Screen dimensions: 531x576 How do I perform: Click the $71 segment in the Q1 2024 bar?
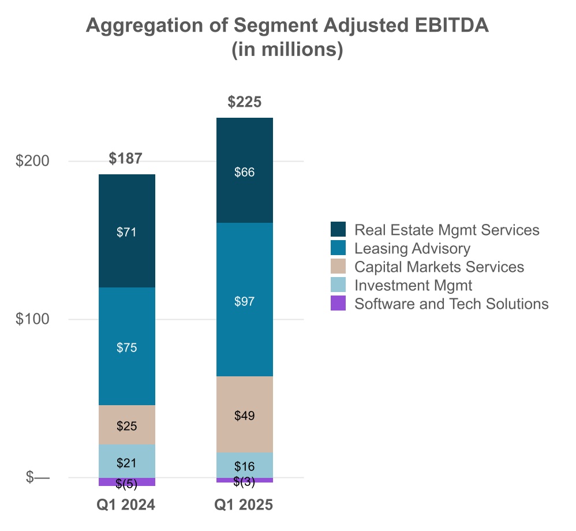coord(126,231)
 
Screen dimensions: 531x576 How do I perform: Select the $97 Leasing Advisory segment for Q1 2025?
coord(244,300)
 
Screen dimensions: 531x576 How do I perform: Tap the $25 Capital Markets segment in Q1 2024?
coord(126,425)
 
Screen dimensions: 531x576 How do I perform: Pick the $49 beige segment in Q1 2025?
coord(244,414)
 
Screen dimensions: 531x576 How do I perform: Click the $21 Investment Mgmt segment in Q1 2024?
coord(126,462)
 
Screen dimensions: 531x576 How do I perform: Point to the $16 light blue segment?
coord(244,465)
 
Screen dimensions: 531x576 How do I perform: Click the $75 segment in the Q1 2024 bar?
coord(126,346)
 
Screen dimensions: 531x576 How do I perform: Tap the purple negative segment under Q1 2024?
coord(126,482)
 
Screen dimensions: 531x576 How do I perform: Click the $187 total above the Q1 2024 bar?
coord(126,159)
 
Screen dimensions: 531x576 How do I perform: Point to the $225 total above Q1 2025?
coord(244,102)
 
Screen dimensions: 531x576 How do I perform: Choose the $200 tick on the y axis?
coord(32,161)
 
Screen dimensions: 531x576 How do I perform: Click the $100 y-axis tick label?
coord(32,319)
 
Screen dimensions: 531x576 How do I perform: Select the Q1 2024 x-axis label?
coord(126,505)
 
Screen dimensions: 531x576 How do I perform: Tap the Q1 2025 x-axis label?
coord(244,505)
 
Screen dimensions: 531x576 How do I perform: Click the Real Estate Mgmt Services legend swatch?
coord(338,229)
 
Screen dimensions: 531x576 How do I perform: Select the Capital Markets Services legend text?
coord(439,267)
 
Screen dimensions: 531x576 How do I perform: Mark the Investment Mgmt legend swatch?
coord(338,285)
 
